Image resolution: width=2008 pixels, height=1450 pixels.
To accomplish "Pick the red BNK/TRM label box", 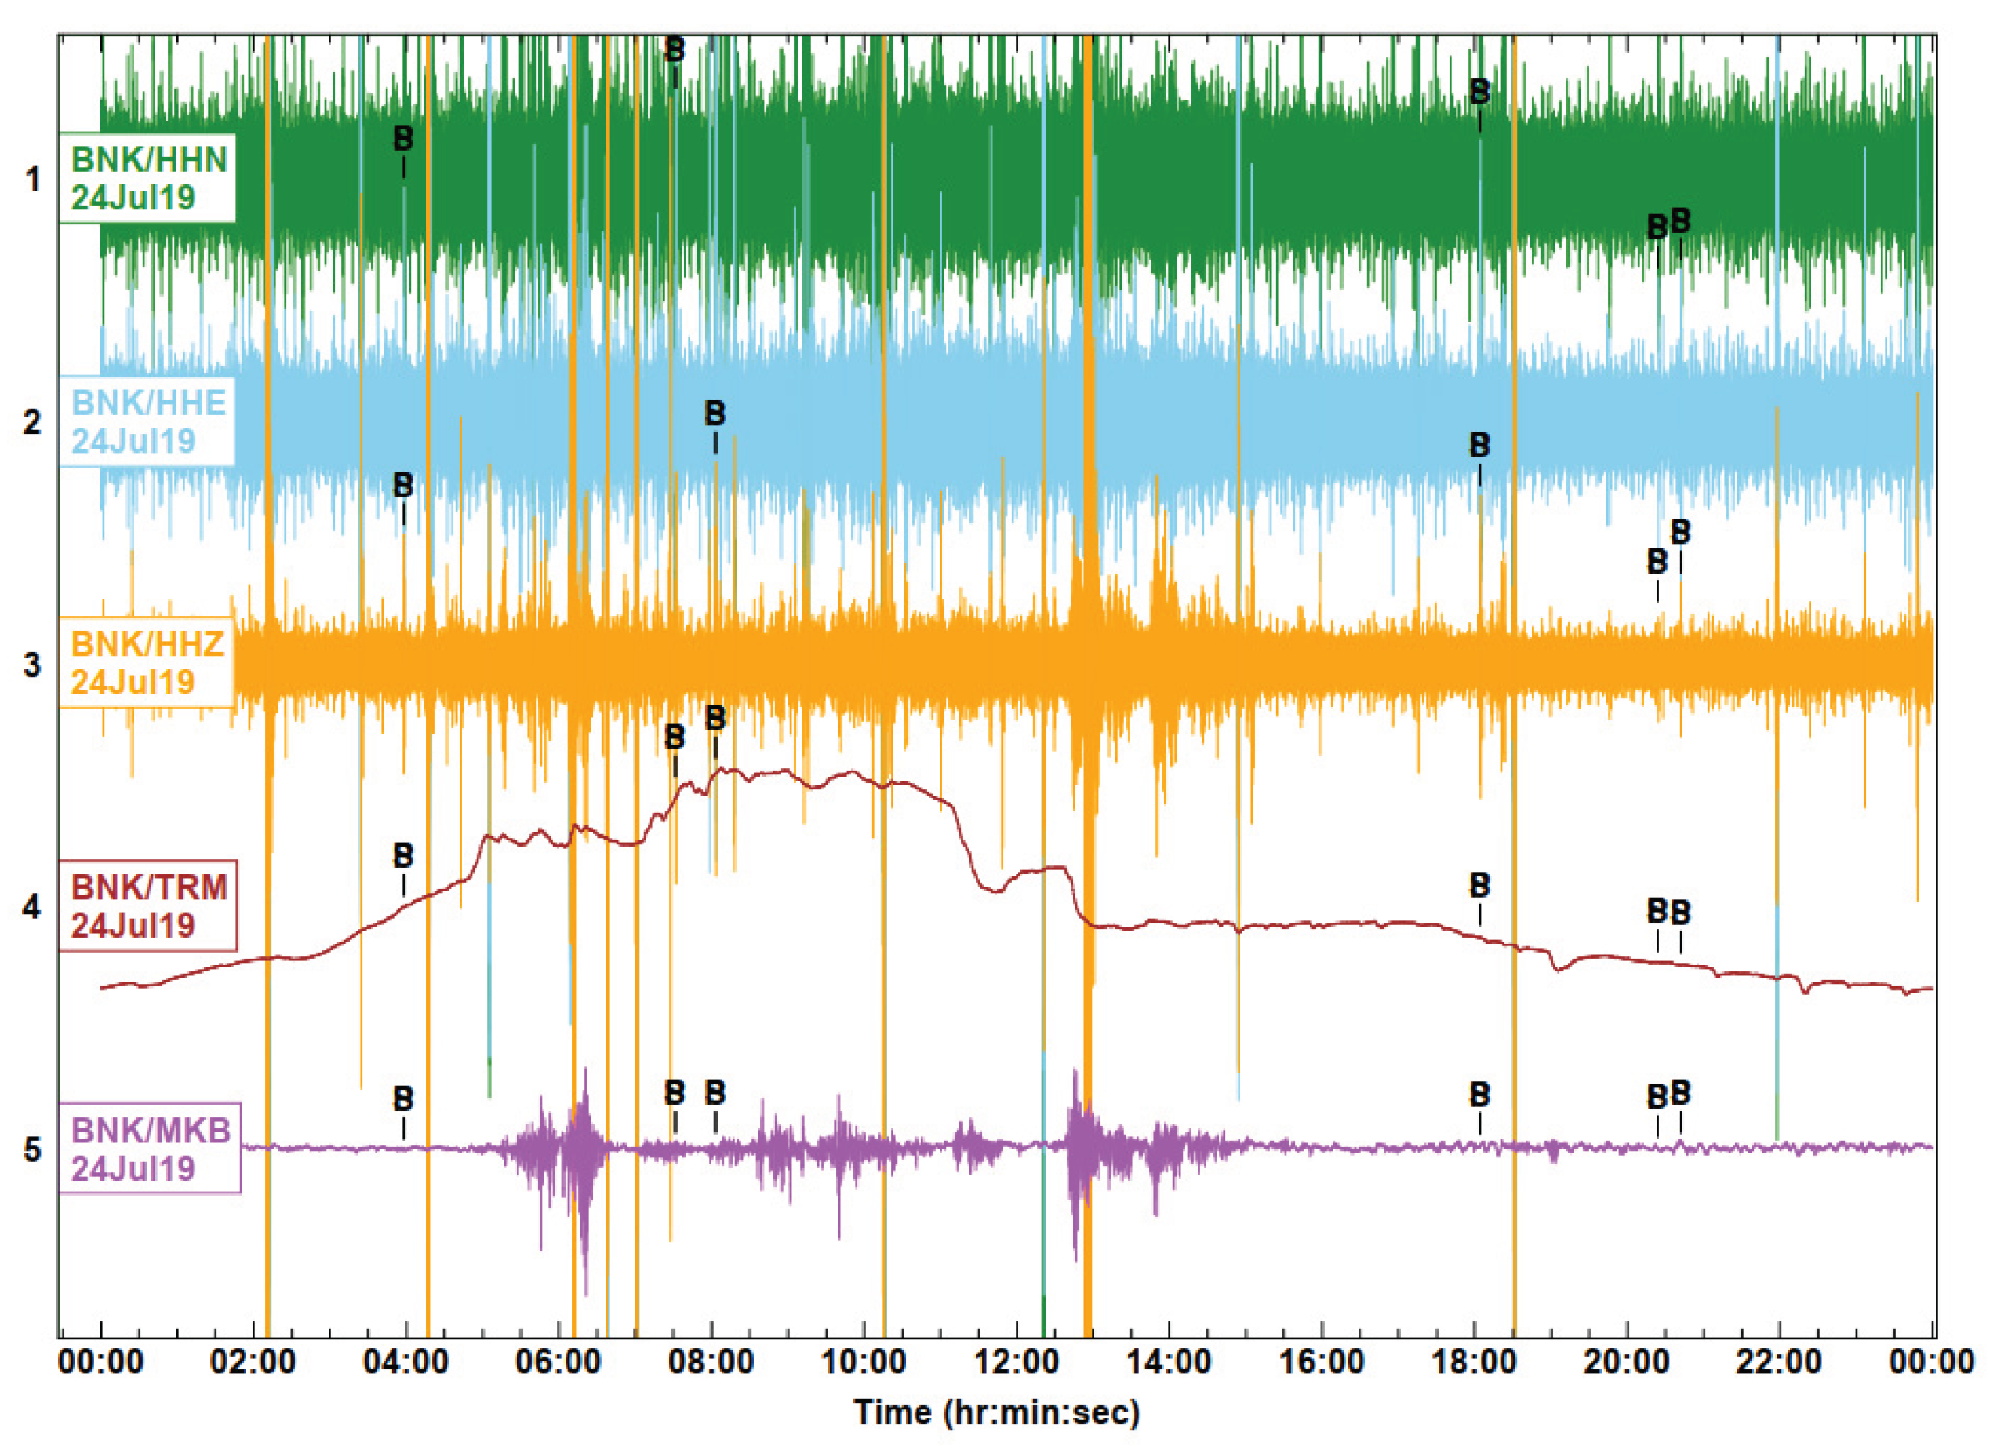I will pyautogui.click(x=148, y=905).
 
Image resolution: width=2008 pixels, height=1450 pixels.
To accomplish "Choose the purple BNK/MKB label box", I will pyautogui.click(x=150, y=1149).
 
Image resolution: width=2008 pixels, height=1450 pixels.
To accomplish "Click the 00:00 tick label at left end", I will pyautogui.click(x=100, y=1361).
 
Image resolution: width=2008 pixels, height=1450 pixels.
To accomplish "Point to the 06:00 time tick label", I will pyautogui.click(x=558, y=1361).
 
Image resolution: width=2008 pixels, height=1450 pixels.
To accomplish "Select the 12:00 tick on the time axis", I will pyautogui.click(x=1017, y=1361).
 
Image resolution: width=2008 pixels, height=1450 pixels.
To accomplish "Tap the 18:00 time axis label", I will pyautogui.click(x=1474, y=1361).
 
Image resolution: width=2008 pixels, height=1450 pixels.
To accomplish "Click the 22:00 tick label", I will pyautogui.click(x=1779, y=1361).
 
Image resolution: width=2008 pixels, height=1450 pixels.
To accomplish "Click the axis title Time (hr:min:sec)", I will pyautogui.click(x=997, y=1412).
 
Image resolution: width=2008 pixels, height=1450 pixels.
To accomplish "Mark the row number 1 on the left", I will pyautogui.click(x=33, y=180).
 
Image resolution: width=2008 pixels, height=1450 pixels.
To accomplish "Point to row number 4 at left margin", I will pyautogui.click(x=33, y=907).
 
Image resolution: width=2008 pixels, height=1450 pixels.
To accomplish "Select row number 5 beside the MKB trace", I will pyautogui.click(x=33, y=1150).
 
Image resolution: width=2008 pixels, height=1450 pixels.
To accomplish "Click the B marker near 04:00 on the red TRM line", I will pyautogui.click(x=403, y=856).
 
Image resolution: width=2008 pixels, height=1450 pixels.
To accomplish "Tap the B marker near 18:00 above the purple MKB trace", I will pyautogui.click(x=1479, y=1095).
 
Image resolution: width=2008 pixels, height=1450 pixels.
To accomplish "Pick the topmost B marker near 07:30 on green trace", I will pyautogui.click(x=675, y=49).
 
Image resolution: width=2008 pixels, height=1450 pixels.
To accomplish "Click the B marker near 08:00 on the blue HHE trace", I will pyautogui.click(x=715, y=413).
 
